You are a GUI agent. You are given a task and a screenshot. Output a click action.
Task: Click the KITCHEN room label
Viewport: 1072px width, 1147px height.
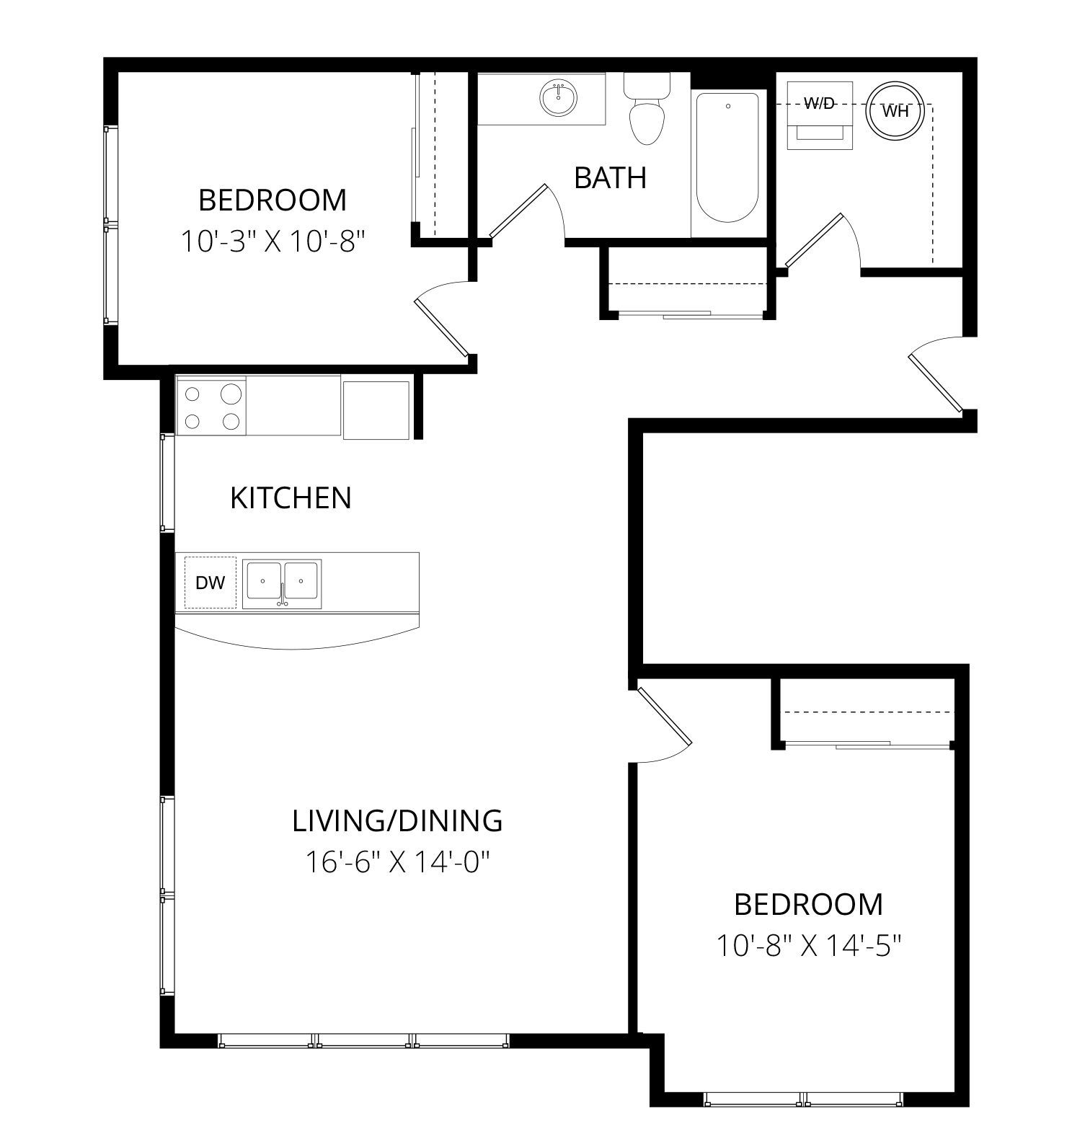291,498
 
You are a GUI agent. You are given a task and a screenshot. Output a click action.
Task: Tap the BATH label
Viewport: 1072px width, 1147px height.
610,177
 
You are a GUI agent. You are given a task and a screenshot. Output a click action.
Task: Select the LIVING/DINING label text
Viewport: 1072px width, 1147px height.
397,820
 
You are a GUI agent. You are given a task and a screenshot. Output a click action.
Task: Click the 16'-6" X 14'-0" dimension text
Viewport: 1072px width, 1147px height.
398,861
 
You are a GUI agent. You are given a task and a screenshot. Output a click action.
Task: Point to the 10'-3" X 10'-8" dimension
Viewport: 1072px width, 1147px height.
272,242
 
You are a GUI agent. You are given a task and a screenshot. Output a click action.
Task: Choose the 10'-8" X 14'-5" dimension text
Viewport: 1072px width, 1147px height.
809,944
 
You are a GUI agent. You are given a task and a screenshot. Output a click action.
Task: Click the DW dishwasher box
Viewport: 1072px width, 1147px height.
211,583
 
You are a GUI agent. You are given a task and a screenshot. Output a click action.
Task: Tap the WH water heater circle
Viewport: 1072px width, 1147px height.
894,111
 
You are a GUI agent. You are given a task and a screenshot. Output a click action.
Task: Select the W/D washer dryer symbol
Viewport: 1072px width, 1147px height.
819,115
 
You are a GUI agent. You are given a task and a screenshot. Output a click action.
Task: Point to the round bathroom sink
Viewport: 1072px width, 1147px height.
559,98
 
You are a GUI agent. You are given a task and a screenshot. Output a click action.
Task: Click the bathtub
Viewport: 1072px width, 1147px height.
727,158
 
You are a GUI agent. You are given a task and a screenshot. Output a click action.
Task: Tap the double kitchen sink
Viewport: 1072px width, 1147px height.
282,583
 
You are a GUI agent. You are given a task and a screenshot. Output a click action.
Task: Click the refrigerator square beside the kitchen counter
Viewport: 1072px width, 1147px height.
376,409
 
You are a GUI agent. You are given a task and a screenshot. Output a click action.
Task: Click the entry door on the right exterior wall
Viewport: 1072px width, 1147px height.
935,373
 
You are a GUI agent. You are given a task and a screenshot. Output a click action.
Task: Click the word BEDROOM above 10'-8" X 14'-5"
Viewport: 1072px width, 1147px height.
808,904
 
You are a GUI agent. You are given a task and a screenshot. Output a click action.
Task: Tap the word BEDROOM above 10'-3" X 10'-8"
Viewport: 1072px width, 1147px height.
273,200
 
